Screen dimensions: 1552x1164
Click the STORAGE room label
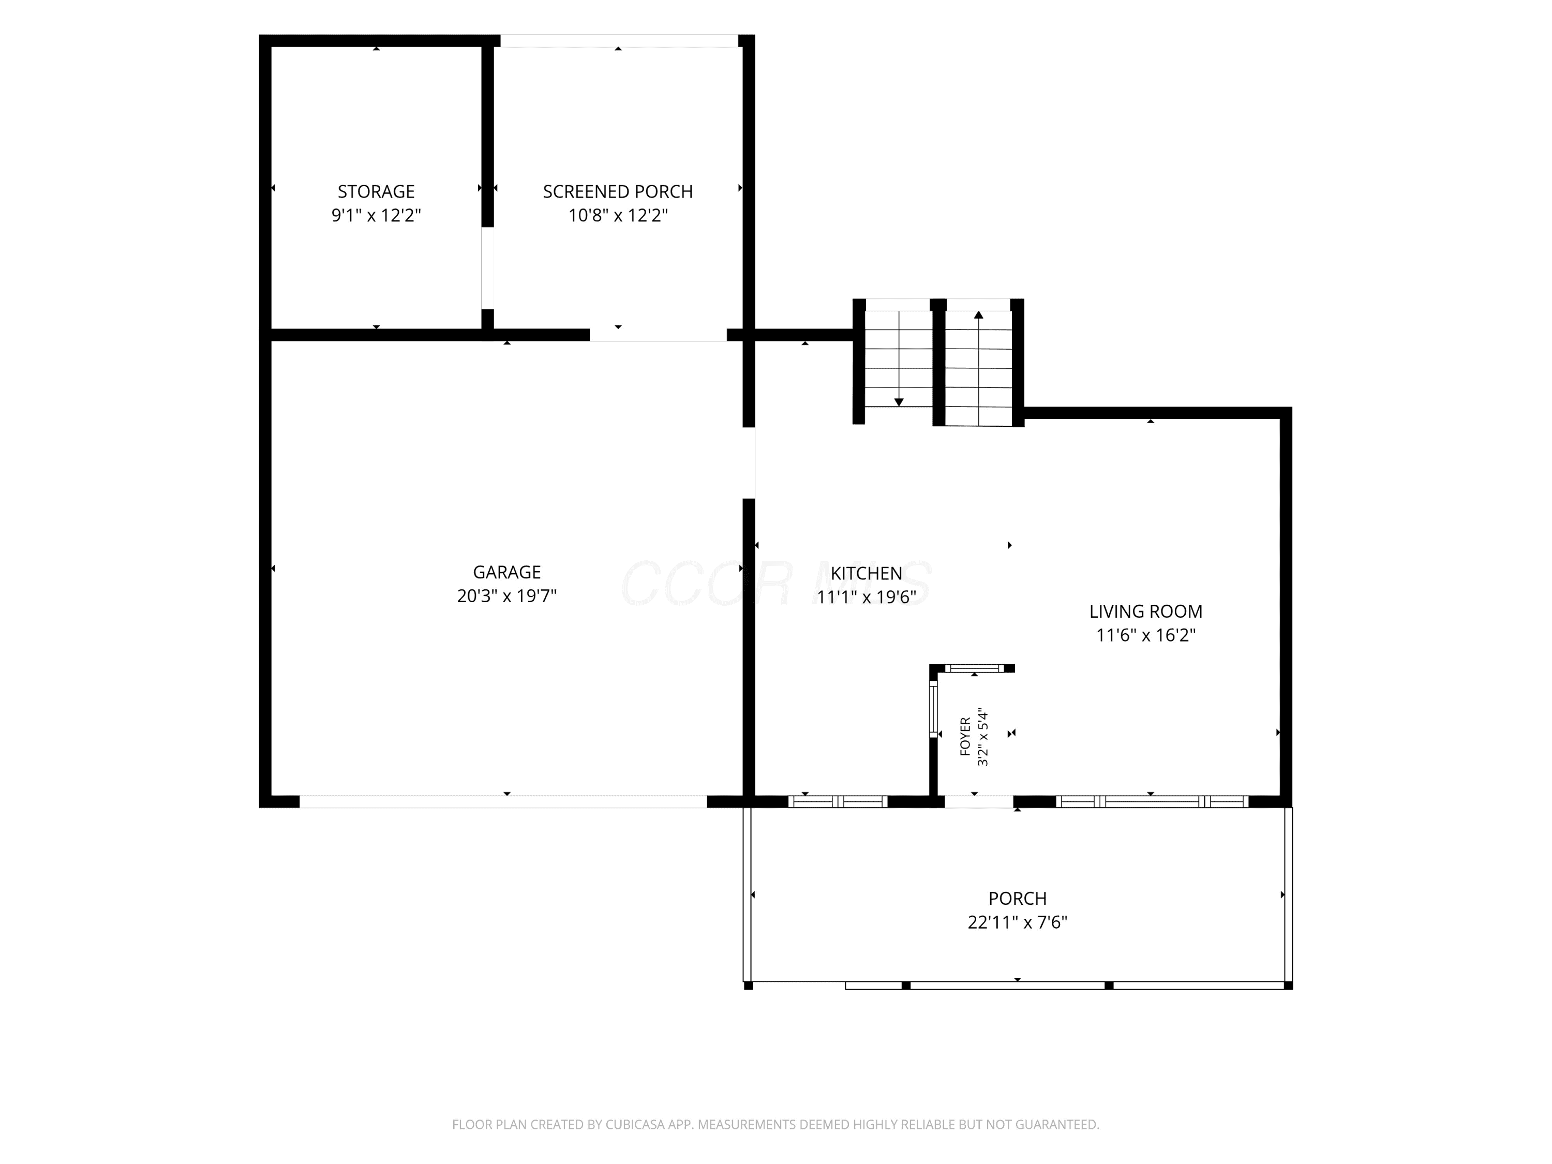pyautogui.click(x=376, y=191)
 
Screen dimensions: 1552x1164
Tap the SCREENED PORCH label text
pyautogui.click(x=617, y=191)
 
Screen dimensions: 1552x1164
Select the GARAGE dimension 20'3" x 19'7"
pyautogui.click(x=506, y=595)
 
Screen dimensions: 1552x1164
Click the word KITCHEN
pyautogui.click(x=867, y=573)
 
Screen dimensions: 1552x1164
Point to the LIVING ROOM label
pyautogui.click(x=1146, y=611)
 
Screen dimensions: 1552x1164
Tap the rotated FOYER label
pyautogui.click(x=965, y=736)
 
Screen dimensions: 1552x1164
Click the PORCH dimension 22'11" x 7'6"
pyautogui.click(x=1018, y=922)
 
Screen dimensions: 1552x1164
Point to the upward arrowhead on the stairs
pyautogui.click(x=979, y=315)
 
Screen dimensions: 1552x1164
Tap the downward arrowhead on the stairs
pyautogui.click(x=899, y=402)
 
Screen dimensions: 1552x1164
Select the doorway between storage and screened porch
pyautogui.click(x=487, y=268)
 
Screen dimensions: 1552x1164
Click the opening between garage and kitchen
pyautogui.click(x=749, y=462)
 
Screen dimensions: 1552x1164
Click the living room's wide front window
pyautogui.click(x=1152, y=801)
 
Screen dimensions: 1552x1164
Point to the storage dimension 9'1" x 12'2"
pyautogui.click(x=376, y=215)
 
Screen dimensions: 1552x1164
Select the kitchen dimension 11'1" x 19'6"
pyautogui.click(x=867, y=597)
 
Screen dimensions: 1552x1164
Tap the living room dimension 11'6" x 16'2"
pyautogui.click(x=1146, y=635)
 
